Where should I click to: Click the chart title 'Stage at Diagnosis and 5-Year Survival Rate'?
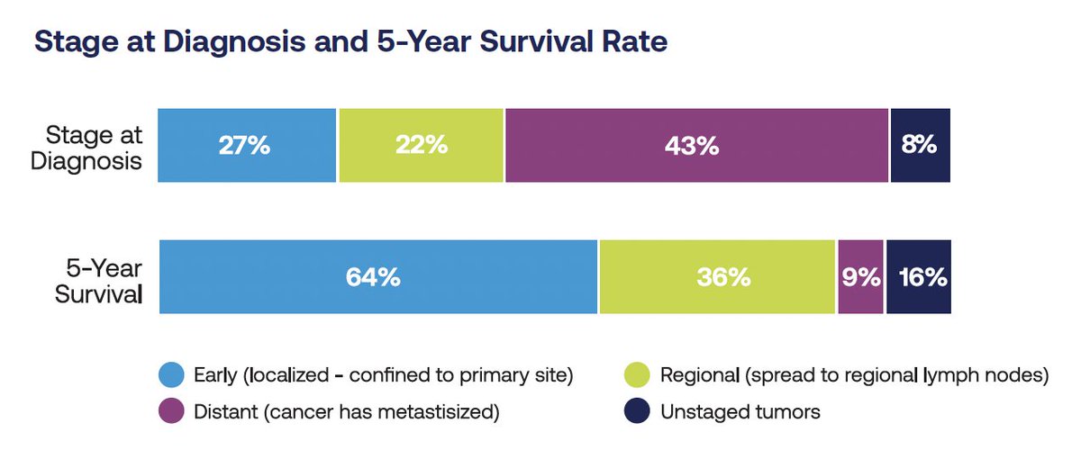tap(350, 42)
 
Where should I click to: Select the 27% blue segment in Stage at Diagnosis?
tap(246, 145)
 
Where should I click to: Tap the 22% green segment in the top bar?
tap(421, 145)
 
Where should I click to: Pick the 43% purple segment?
tap(696, 145)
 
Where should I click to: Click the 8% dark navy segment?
tap(920, 145)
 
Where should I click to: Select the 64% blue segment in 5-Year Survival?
tap(377, 277)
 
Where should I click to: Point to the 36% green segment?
tap(718, 277)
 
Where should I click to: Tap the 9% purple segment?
tap(861, 277)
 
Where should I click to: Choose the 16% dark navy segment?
tap(918, 277)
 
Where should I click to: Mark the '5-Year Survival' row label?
tap(98, 278)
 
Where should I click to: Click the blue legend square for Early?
tap(170, 375)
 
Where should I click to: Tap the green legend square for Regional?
tap(637, 375)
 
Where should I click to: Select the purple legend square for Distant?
tap(170, 412)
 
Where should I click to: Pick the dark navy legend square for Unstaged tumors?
tap(637, 412)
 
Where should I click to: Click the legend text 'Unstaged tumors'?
tap(740, 412)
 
